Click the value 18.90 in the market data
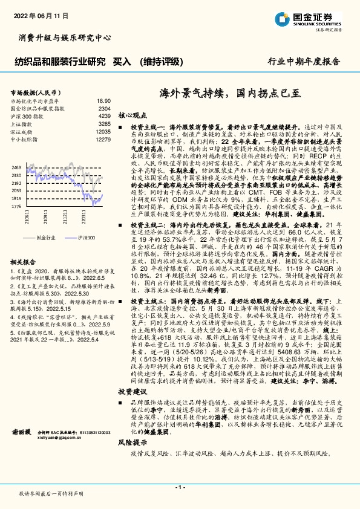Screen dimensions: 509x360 [x=103, y=101]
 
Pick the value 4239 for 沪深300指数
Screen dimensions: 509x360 [x=104, y=115]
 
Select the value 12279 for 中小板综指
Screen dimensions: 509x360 [x=103, y=139]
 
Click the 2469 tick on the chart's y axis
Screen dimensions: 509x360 [x=16, y=166]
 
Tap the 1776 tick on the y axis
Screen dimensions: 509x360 [x=16, y=206]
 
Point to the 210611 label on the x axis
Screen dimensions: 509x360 [x=27, y=216]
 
